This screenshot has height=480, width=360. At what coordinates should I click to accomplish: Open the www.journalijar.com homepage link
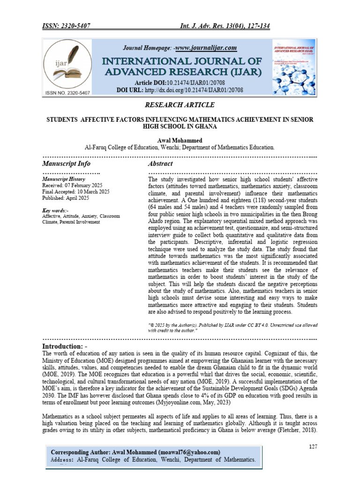(206, 48)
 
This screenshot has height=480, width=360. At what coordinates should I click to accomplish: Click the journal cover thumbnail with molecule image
(294, 68)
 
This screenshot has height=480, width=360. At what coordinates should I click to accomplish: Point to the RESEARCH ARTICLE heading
(180, 104)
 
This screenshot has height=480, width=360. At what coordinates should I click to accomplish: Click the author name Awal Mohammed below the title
(180, 140)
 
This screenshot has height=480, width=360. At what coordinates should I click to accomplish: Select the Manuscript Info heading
(66, 164)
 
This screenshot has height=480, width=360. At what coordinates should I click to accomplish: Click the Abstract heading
(160, 164)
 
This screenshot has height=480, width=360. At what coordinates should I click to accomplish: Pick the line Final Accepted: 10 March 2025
(76, 192)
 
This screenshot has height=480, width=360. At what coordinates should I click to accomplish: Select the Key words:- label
(55, 210)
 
